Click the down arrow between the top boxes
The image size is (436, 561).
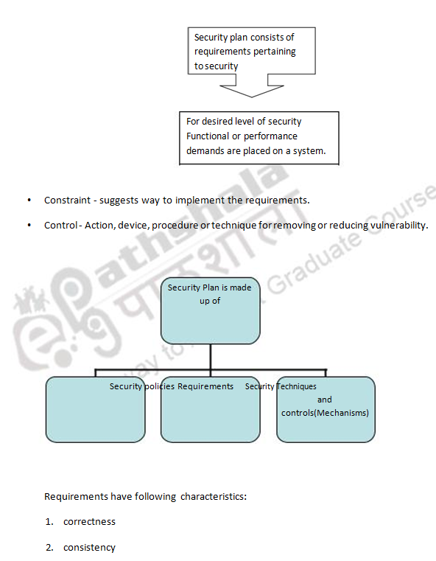point(252,87)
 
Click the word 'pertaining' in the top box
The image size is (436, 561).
point(272,52)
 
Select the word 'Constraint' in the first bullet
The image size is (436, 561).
point(68,201)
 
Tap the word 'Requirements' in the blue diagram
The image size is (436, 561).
point(205,386)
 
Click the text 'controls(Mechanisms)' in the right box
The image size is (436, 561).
point(325,413)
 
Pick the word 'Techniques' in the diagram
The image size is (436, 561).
point(296,386)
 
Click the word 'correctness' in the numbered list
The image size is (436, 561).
point(89,522)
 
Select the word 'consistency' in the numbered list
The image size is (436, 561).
point(89,548)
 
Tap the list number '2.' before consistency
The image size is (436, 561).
point(49,548)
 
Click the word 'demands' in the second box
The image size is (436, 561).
point(205,150)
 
